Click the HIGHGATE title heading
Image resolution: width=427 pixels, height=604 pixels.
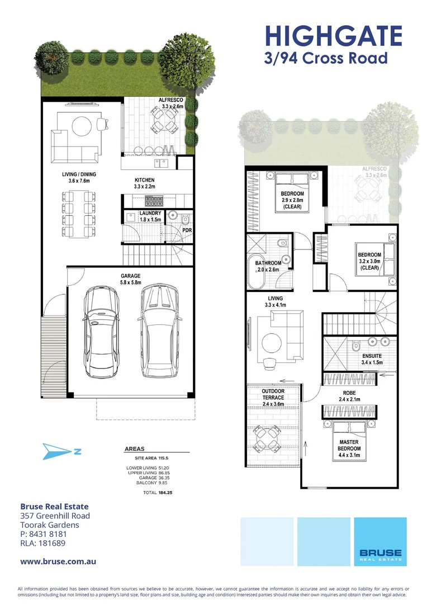tap(333, 35)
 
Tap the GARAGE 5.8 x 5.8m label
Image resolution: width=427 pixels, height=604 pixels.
tap(131, 280)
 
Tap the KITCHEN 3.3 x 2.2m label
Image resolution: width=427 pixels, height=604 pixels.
tap(144, 183)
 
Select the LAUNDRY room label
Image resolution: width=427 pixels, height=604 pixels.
tap(150, 216)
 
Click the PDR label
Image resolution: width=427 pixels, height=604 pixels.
tap(187, 230)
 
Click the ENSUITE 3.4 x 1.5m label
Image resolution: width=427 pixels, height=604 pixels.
tap(372, 358)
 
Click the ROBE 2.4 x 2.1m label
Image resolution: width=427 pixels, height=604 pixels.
tap(349, 397)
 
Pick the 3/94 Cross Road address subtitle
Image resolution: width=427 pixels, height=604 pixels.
tap(326, 58)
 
